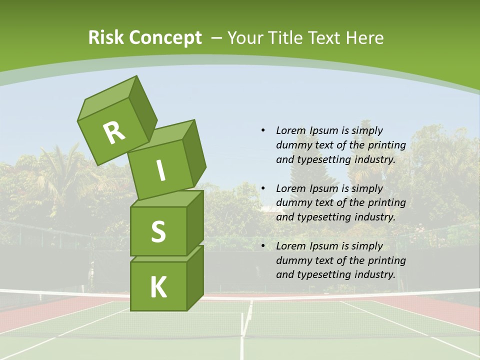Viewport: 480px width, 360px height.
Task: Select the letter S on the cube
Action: tap(158, 231)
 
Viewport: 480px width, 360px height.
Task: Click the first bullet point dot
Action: tap(263, 130)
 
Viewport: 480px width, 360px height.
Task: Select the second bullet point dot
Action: tap(263, 188)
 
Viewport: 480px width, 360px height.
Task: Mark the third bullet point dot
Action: tap(263, 246)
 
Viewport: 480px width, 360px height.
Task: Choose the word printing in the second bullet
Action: tap(386, 203)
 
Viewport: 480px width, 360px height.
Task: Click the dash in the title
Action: tap(217, 37)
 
